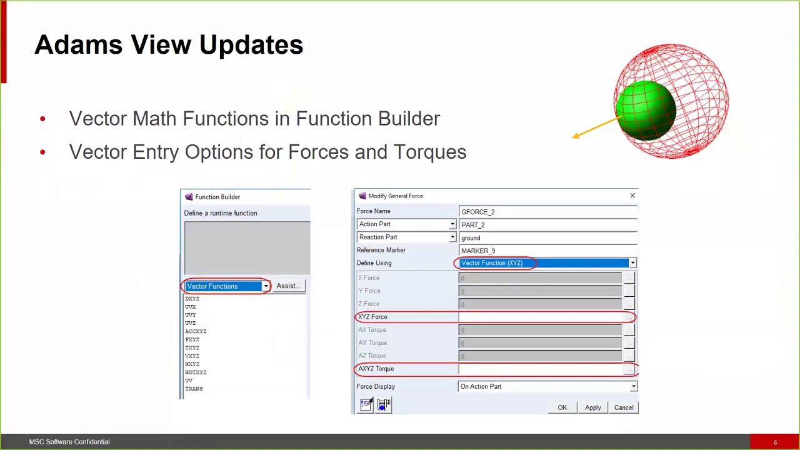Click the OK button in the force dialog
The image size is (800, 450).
pyautogui.click(x=562, y=407)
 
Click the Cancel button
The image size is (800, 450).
pyautogui.click(x=623, y=407)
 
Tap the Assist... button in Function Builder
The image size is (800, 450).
pyautogui.click(x=289, y=286)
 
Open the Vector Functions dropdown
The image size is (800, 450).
pyautogui.click(x=266, y=286)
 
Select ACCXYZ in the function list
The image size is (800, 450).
pyautogui.click(x=196, y=331)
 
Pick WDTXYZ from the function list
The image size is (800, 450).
pyautogui.click(x=196, y=372)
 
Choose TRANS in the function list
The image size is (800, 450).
pyautogui.click(x=194, y=388)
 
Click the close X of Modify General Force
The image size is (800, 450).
pyautogui.click(x=632, y=196)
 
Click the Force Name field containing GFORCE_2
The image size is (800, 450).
pyautogui.click(x=547, y=212)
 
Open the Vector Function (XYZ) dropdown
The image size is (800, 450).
pyautogui.click(x=632, y=263)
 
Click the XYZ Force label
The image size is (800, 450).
pyautogui.click(x=372, y=317)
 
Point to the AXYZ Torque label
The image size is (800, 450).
pyautogui.click(x=376, y=369)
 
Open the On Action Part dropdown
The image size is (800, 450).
pyautogui.click(x=633, y=386)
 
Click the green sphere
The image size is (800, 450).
pyautogui.click(x=646, y=111)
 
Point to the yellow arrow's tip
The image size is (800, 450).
pyautogui.click(x=574, y=136)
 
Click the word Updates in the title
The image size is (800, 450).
pyautogui.click(x=251, y=45)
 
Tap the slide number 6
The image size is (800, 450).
pyautogui.click(x=775, y=442)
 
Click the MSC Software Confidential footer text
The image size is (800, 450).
pyautogui.click(x=69, y=442)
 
